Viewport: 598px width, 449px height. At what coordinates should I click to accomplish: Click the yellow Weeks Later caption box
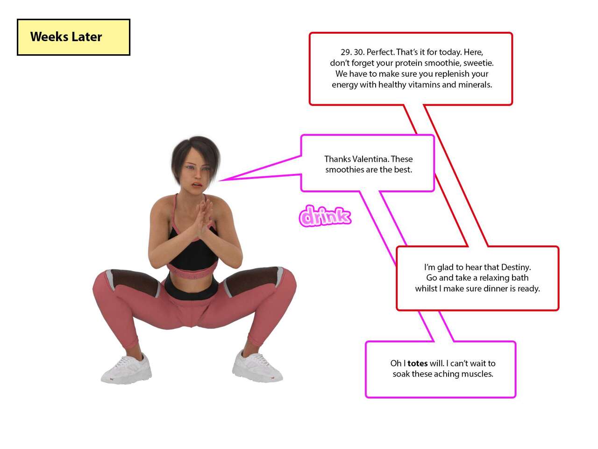coord(73,37)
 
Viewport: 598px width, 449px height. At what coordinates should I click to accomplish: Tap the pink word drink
coord(325,216)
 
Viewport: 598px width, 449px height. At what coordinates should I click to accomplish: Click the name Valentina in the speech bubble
coord(370,159)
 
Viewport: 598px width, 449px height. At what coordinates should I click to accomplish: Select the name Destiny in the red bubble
coord(516,267)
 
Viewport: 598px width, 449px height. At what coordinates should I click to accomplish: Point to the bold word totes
coord(417,363)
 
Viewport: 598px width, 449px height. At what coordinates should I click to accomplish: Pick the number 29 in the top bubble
coord(345,52)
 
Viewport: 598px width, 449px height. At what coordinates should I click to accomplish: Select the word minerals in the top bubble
coord(475,85)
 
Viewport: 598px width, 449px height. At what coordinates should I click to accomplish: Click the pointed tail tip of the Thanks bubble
coord(220,180)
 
